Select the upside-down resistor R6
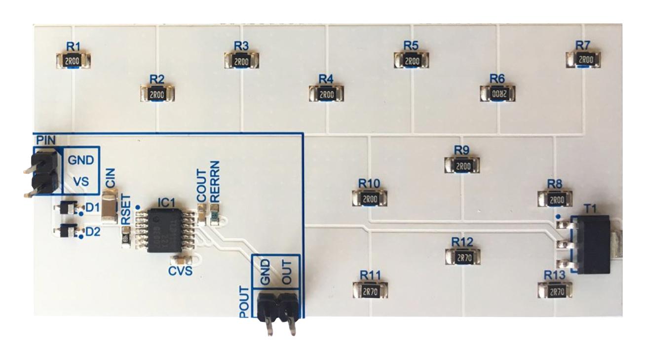click(497, 93)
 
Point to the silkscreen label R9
click(461, 149)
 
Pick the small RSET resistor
click(126, 240)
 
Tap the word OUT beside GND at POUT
click(289, 271)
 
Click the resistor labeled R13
click(556, 291)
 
